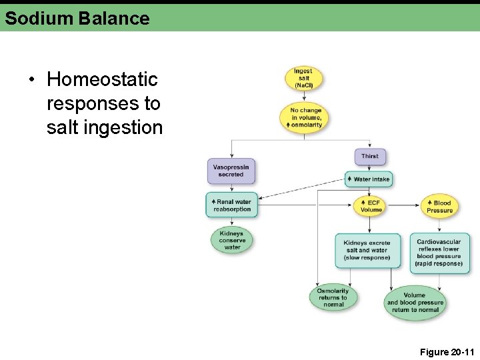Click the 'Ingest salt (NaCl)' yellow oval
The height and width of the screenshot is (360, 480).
(304, 78)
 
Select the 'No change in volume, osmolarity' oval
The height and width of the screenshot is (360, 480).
(305, 117)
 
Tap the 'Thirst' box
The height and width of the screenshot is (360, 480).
(370, 157)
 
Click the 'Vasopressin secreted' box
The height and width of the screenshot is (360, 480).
(231, 171)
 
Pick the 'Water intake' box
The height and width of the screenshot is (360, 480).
(369, 179)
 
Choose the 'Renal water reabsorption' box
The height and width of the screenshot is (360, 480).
(231, 205)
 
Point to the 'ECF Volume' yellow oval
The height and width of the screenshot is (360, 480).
(371, 206)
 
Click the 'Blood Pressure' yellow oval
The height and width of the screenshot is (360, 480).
(439, 207)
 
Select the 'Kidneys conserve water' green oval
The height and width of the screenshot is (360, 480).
(232, 240)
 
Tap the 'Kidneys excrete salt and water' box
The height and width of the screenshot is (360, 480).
(367, 251)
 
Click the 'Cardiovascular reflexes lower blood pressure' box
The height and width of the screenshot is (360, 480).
(439, 253)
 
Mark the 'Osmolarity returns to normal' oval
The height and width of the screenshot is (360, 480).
(333, 297)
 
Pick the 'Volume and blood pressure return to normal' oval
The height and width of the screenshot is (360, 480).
(415, 303)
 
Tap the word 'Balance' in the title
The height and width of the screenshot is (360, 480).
(114, 18)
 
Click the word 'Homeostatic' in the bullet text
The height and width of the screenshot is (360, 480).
(102, 79)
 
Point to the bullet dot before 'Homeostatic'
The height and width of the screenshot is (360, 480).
(31, 80)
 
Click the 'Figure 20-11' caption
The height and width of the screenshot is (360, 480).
(447, 351)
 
